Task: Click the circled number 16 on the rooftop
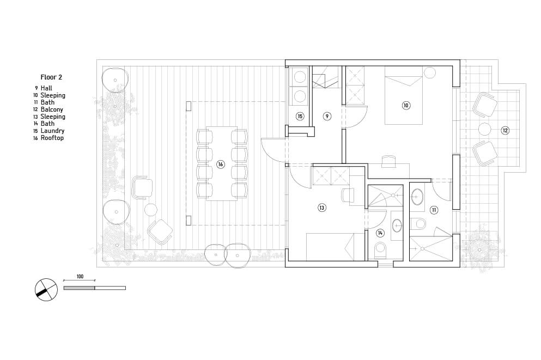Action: click(x=221, y=164)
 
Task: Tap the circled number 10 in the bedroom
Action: click(x=406, y=105)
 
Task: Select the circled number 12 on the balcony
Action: click(x=505, y=130)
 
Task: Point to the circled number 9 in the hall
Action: click(x=327, y=116)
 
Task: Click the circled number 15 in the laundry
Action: click(x=300, y=116)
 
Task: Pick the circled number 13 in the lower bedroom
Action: click(x=322, y=208)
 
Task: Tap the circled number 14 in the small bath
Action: click(x=380, y=233)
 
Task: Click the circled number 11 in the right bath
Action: click(x=434, y=210)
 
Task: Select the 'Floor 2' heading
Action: click(x=51, y=77)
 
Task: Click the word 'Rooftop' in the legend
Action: click(x=52, y=138)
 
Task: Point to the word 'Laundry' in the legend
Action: click(x=52, y=131)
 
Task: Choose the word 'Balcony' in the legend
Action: click(x=52, y=109)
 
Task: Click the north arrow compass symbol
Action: click(x=46, y=289)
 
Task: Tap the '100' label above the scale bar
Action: click(x=80, y=277)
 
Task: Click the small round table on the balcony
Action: click(x=485, y=129)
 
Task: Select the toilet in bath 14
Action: click(x=380, y=249)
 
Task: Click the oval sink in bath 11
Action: click(x=417, y=197)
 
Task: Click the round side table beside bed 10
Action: click(x=429, y=72)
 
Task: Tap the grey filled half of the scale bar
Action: click(x=79, y=288)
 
